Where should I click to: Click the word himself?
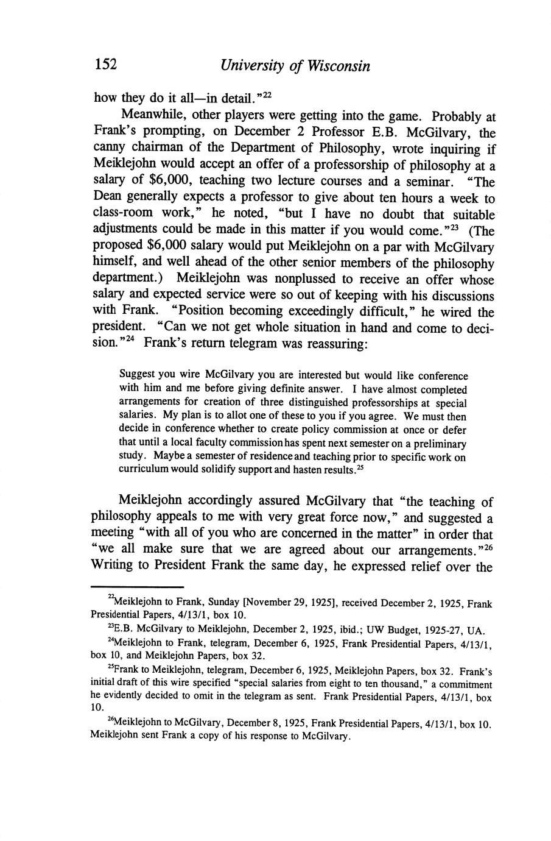click(116, 263)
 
